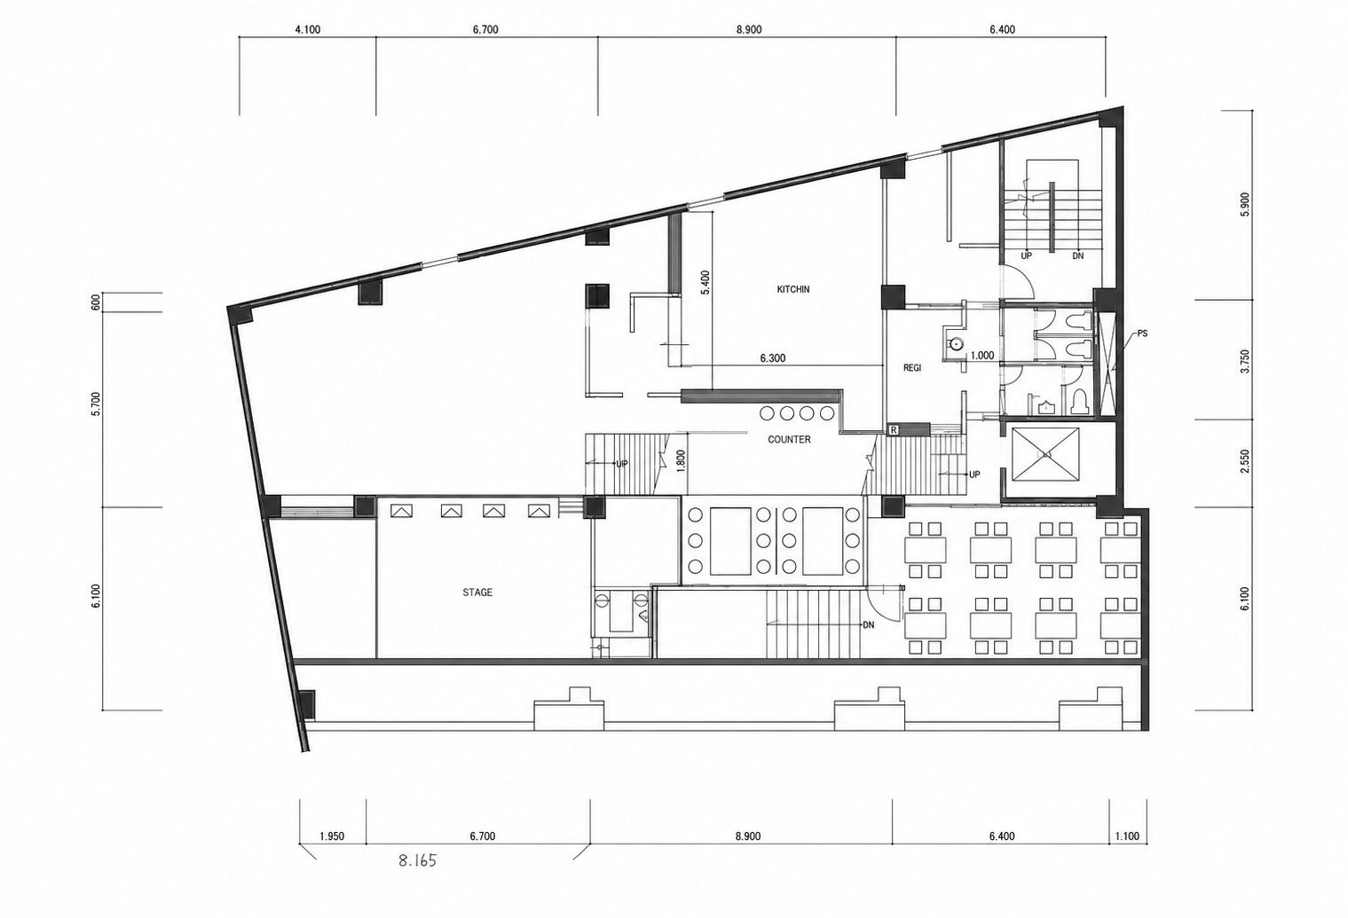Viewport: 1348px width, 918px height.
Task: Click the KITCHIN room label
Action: (793, 289)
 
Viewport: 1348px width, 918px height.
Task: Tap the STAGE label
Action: (477, 592)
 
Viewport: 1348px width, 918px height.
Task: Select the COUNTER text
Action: (789, 440)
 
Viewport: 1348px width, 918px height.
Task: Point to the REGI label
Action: (912, 368)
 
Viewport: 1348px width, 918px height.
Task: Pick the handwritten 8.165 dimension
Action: (417, 861)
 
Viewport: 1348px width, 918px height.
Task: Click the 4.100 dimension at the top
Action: (308, 29)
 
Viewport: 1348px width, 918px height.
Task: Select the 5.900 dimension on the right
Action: (1245, 205)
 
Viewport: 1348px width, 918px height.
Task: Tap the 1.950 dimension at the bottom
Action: (332, 836)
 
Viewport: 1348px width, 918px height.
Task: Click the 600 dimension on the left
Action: (94, 302)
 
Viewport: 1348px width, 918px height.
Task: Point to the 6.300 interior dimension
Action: (773, 358)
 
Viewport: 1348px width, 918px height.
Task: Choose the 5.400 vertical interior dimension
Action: (706, 282)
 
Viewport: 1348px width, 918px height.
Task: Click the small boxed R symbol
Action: (894, 430)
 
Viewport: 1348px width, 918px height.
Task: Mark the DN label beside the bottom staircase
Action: (869, 625)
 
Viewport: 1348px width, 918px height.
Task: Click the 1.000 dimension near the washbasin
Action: (982, 356)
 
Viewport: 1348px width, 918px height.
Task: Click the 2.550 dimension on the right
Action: (1245, 461)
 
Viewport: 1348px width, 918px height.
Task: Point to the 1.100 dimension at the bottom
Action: (1127, 836)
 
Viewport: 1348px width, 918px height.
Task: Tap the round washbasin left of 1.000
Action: (955, 344)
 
